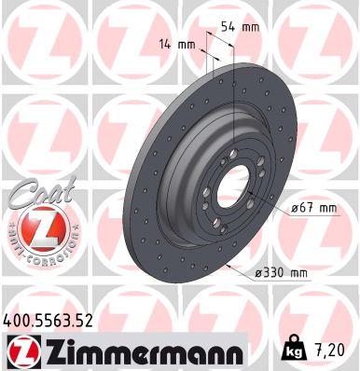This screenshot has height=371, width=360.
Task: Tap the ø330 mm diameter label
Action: (x=281, y=272)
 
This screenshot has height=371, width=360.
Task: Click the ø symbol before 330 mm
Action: (x=257, y=272)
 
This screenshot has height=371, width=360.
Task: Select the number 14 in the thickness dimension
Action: (x=164, y=44)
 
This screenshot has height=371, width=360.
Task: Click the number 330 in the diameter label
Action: (x=274, y=272)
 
